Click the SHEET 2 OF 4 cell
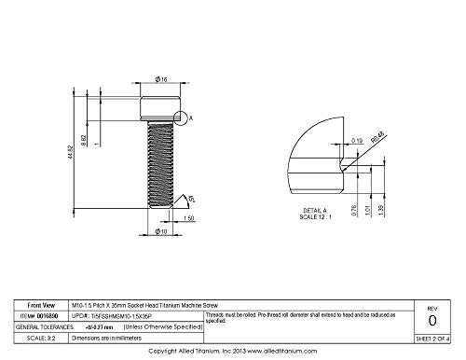click(432, 340)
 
